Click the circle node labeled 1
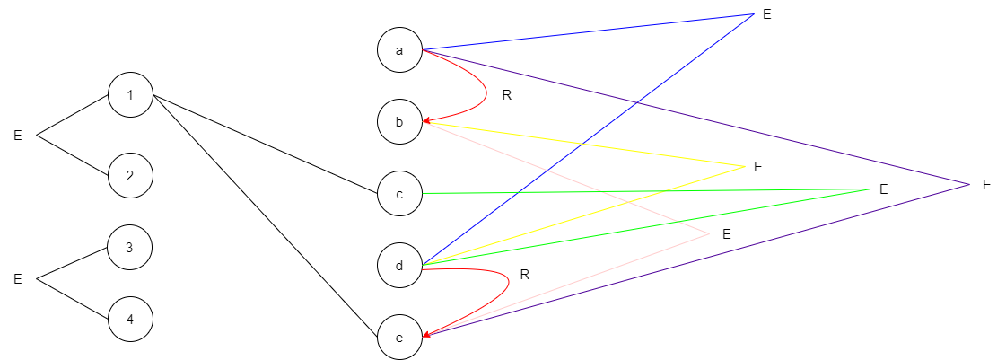130,95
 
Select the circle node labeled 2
130,175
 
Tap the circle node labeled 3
130,247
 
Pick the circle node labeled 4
130,319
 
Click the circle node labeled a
399,50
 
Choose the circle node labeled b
399,122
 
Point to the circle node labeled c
399,193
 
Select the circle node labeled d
399,265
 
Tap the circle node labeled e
399,338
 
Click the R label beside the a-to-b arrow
506,94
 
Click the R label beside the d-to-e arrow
525,275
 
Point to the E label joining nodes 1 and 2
17,136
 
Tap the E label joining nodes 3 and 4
17,279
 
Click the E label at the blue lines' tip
766,14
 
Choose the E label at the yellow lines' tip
757,166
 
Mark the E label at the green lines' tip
883,189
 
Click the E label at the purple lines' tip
986,184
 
